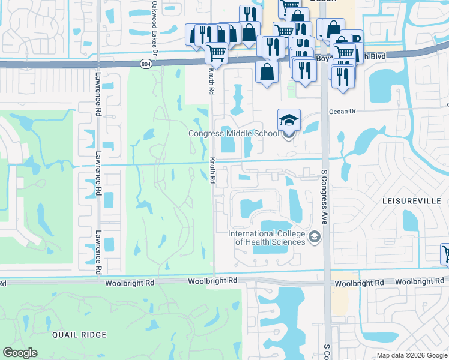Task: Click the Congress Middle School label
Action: pyautogui.click(x=233, y=134)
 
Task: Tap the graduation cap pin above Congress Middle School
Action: pyautogui.click(x=289, y=120)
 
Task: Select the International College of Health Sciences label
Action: pyautogui.click(x=267, y=238)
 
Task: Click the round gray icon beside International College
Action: pyautogui.click(x=313, y=238)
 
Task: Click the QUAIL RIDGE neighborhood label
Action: pyautogui.click(x=79, y=334)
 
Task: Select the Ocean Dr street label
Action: pyautogui.click(x=343, y=111)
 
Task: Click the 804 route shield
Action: pyautogui.click(x=147, y=62)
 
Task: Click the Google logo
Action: pyautogui.click(x=20, y=353)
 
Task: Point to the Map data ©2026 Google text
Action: pyautogui.click(x=412, y=355)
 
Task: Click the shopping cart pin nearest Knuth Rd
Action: pyautogui.click(x=216, y=53)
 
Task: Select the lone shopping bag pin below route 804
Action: pyautogui.click(x=267, y=72)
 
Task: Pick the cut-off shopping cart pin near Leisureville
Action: pyautogui.click(x=445, y=254)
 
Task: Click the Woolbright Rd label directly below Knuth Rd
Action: pyautogui.click(x=212, y=281)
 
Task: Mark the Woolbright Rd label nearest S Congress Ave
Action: pyautogui.click(x=359, y=283)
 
